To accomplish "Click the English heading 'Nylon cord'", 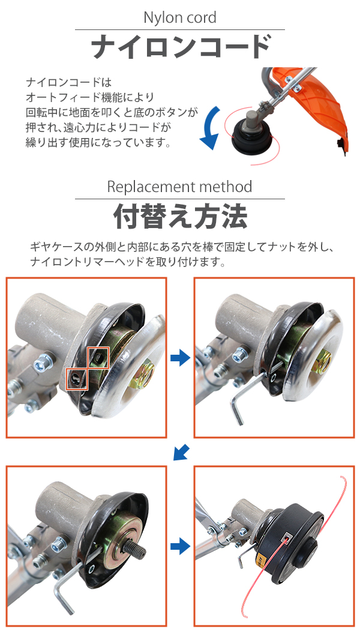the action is (180, 17).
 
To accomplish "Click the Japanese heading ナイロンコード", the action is (180, 47).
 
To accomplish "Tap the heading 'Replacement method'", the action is (179, 187).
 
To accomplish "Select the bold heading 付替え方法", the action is (180, 217).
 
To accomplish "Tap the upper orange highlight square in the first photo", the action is (99, 357).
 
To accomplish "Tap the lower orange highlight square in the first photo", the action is (76, 378).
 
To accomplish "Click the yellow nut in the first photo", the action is (141, 376).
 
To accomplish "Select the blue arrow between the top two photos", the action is (180, 358).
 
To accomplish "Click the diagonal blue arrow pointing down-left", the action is (181, 452).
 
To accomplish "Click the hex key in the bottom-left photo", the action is (69, 582).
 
